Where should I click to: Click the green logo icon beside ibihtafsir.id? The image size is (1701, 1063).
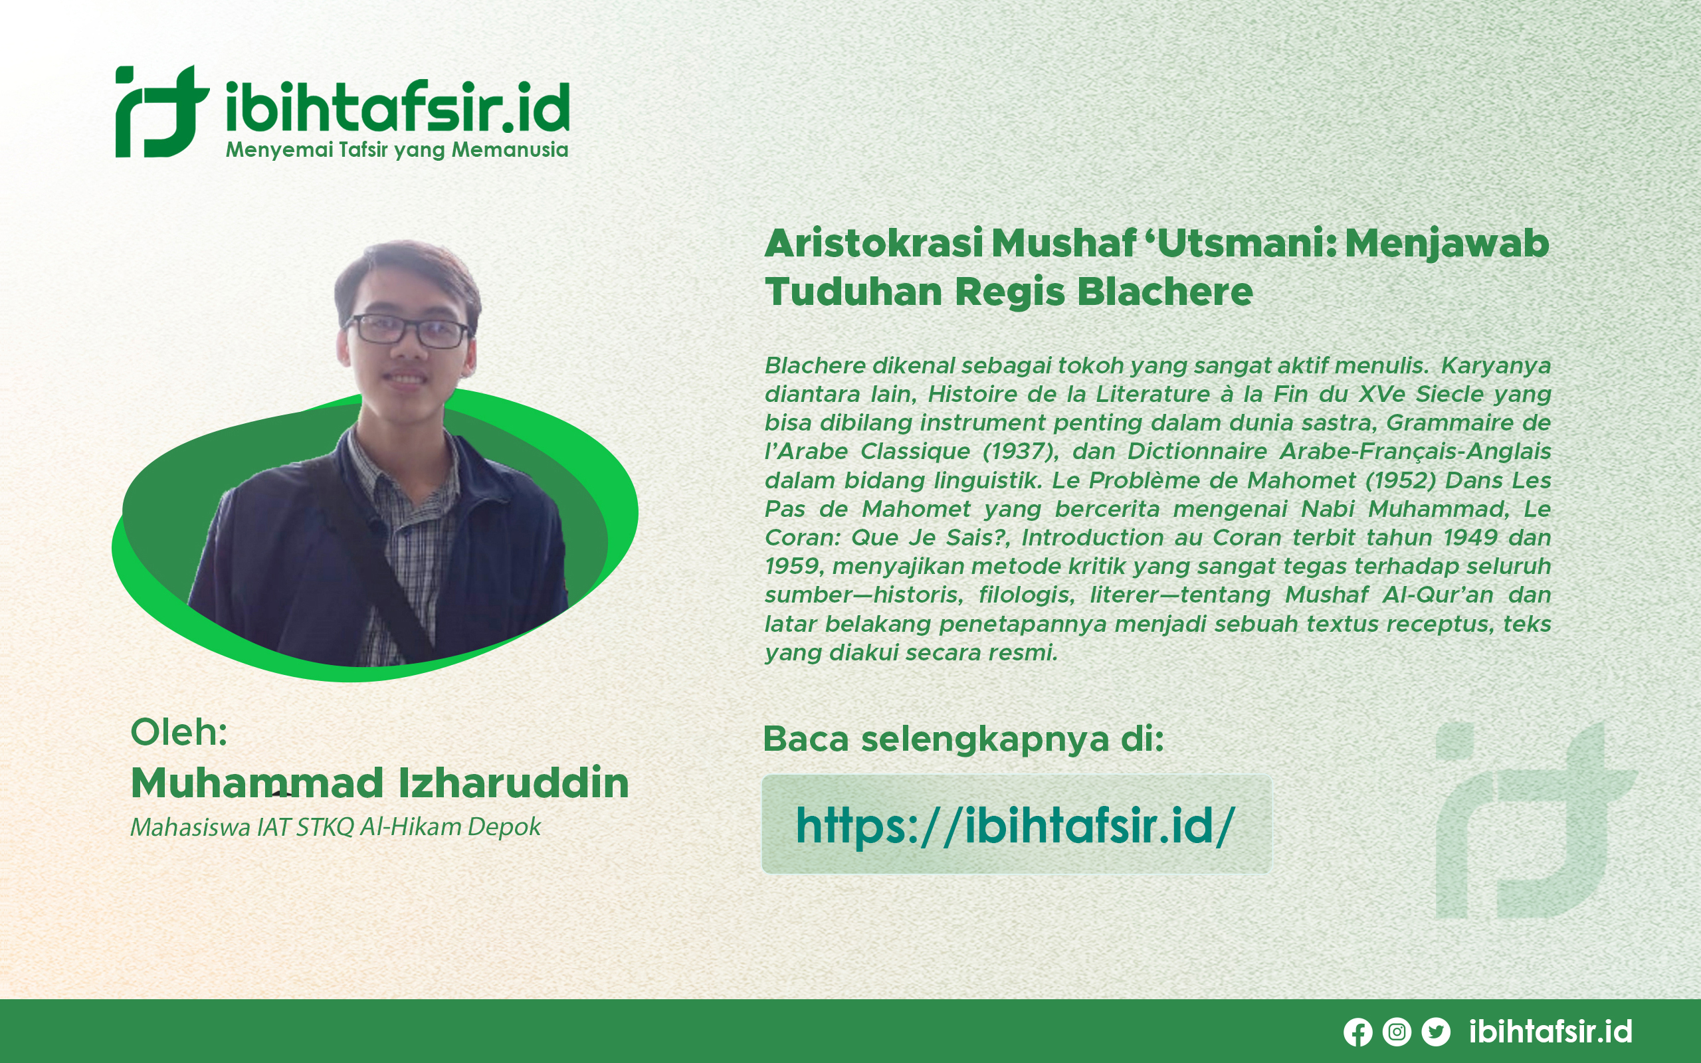tap(162, 111)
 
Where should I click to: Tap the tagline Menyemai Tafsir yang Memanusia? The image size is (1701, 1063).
tap(397, 150)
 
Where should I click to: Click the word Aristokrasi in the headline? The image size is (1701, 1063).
tap(874, 243)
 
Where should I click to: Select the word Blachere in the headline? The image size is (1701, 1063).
tap(1165, 292)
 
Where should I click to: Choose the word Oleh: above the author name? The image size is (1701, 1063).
tap(179, 732)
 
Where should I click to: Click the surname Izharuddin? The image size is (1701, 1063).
tap(514, 783)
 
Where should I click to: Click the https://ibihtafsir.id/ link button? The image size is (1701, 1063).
tap(1017, 824)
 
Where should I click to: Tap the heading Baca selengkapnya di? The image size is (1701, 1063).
tap(963, 739)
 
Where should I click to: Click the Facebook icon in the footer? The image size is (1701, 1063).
tap(1358, 1032)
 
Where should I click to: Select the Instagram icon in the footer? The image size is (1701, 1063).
tap(1397, 1031)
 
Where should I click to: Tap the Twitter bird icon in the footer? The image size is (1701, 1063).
tap(1436, 1031)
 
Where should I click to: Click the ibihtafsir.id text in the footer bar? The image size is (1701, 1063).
tap(1551, 1031)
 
